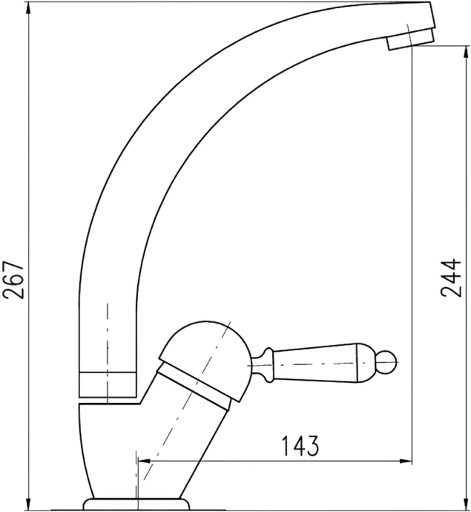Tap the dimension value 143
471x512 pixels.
(300, 446)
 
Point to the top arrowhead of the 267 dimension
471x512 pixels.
(27, 7)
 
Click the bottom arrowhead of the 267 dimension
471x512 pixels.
(27, 505)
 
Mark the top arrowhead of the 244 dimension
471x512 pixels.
(412, 52)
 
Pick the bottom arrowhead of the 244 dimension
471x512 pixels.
(412, 505)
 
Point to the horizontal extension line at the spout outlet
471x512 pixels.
(438, 46)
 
